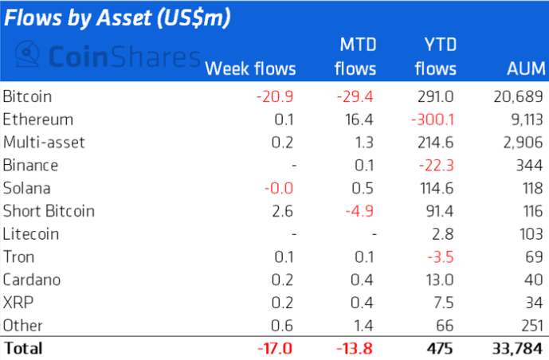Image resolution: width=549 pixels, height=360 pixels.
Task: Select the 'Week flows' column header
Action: point(250,69)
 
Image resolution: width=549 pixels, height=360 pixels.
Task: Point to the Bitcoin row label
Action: point(28,97)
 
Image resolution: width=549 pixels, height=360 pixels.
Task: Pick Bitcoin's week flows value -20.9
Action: point(276,97)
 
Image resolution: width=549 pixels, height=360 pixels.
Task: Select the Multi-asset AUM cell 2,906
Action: point(524,143)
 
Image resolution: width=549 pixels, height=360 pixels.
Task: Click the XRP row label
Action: point(16,303)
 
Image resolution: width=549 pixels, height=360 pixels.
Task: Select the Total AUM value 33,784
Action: point(519,349)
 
